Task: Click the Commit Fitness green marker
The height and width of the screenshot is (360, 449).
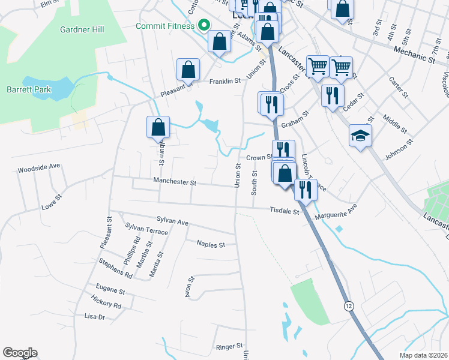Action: [203, 25]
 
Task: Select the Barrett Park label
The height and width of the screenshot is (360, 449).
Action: [29, 89]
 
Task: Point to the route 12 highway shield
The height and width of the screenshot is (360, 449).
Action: [349, 306]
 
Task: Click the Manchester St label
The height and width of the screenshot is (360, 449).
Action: [175, 181]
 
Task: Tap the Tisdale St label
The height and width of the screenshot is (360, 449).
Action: [285, 211]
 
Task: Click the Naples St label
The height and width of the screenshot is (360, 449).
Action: [211, 244]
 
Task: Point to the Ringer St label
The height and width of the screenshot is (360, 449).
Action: [229, 347]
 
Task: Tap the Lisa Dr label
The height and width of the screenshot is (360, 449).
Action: [95, 316]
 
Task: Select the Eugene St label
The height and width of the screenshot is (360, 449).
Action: [106, 291]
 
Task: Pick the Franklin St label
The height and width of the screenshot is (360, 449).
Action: [224, 80]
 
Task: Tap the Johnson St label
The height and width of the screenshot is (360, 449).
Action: [399, 151]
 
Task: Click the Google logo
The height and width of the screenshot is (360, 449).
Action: [20, 353]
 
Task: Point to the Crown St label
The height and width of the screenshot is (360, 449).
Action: [259, 158]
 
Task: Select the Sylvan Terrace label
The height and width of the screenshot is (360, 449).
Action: [147, 230]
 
